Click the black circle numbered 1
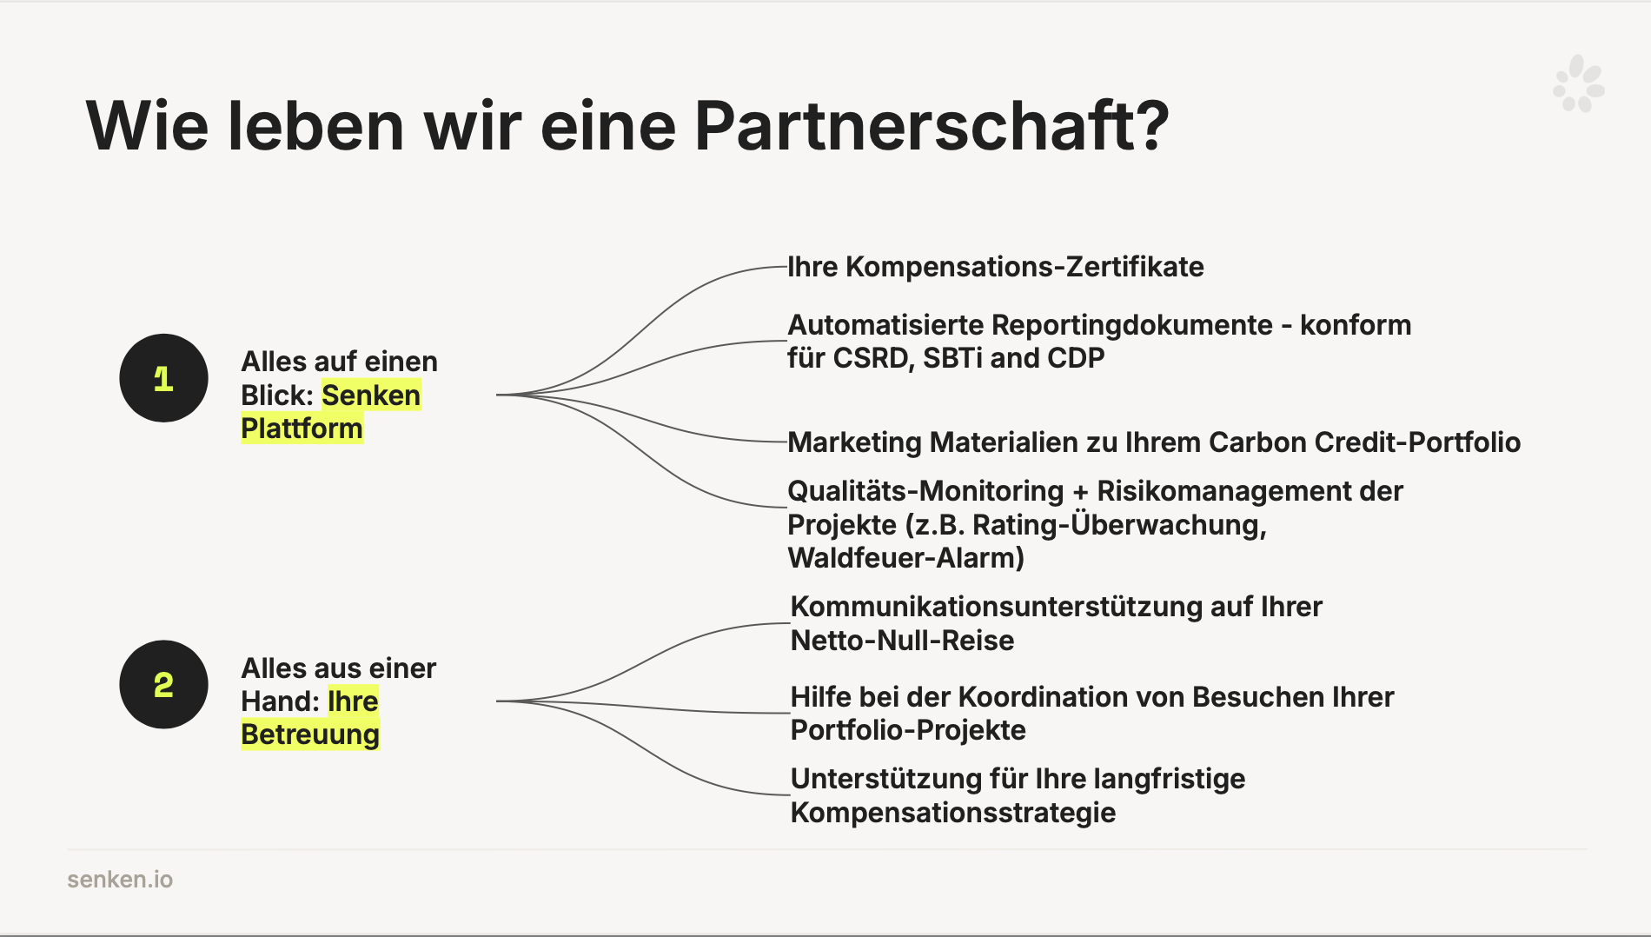coord(163,378)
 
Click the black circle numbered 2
coord(163,685)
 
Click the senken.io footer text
coord(120,880)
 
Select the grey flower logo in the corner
coord(1578,84)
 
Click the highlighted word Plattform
coord(302,429)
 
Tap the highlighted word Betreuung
coord(310,734)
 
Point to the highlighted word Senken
coord(371,395)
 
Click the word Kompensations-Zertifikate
coord(1024,267)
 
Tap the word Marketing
coord(854,442)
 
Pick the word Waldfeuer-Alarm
coord(906,558)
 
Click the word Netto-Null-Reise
coord(902,641)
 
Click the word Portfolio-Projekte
coord(908,730)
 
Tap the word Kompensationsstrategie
coord(953,813)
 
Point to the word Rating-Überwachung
coord(1119,525)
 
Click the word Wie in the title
coord(147,126)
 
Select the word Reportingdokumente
coord(1132,326)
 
